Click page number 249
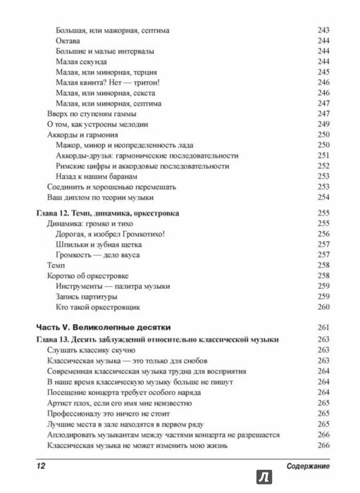pos(323,124)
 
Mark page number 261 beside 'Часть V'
pos(323,327)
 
